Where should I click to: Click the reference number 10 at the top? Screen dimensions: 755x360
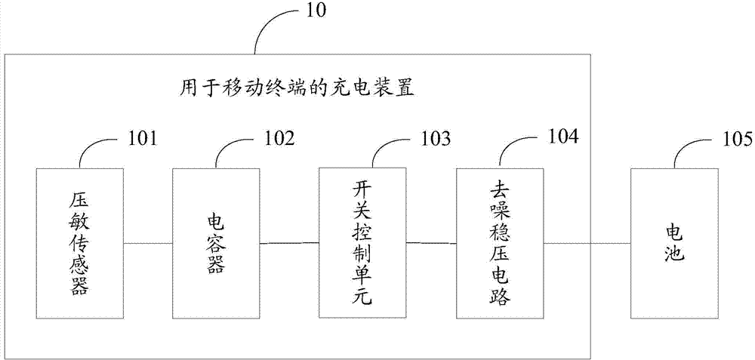pos(314,10)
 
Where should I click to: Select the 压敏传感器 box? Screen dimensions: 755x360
pos(80,243)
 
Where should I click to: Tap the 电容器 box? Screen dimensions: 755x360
pos(216,243)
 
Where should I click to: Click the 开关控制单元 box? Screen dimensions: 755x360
pos(363,242)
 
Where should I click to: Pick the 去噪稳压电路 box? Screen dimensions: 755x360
pos(501,243)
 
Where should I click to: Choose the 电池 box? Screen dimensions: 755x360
pos(674,243)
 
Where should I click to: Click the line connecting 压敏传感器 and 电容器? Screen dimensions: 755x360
pos(148,243)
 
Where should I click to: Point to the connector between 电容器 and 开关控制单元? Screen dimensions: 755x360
pos(289,243)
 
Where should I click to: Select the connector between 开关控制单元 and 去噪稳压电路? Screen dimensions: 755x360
pos(432,243)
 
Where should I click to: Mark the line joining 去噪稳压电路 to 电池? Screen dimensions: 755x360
pos(587,243)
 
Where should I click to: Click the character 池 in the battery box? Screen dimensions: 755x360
pos(674,253)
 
